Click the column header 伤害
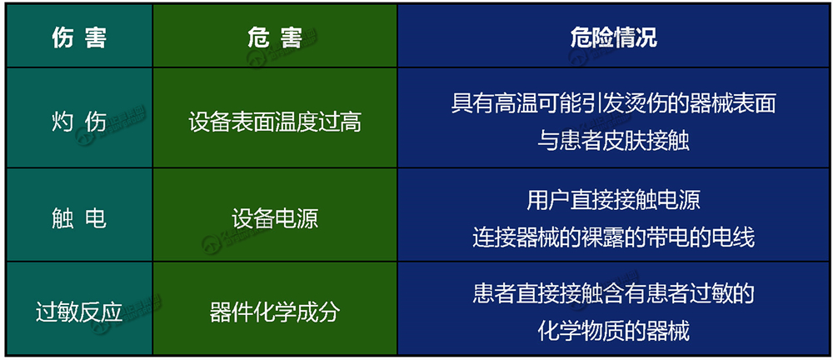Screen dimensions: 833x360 (80, 37)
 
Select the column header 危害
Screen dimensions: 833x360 (275, 37)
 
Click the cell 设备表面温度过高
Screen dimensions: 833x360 (275, 122)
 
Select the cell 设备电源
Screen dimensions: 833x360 (275, 218)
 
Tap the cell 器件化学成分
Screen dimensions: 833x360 (275, 312)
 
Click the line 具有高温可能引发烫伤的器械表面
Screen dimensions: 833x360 (614, 104)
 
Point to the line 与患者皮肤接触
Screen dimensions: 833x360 (614, 142)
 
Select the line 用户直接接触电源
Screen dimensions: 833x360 (614, 199)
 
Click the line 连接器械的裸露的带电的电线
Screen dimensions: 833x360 (614, 237)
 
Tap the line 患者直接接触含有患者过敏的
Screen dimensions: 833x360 (614, 293)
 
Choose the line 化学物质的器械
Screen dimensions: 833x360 (614, 331)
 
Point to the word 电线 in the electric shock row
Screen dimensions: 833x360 (734, 237)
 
